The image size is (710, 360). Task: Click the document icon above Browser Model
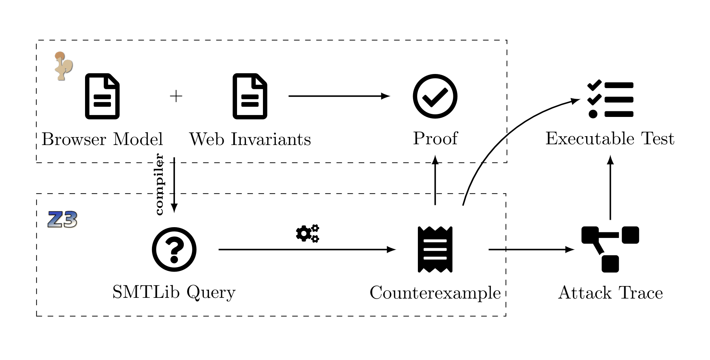coord(102,96)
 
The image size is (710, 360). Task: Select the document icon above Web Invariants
coord(250,96)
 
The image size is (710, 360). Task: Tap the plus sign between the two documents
coord(176,96)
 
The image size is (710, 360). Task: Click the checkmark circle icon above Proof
coord(435,96)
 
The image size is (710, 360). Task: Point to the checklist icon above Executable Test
coord(610,99)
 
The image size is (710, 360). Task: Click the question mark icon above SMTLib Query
coord(174,249)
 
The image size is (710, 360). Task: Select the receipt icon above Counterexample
coord(435,249)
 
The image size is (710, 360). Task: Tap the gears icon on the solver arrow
coord(307,233)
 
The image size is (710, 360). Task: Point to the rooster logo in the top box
coord(63,66)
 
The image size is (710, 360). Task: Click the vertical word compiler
coord(159,184)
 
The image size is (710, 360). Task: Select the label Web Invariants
coord(250,139)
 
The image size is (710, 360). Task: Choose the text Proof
coord(435,139)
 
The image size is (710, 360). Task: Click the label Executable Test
coord(610,139)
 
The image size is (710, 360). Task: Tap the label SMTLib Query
coord(174,292)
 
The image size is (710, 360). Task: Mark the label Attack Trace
coord(610,293)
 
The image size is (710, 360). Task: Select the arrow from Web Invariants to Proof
coord(338,96)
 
